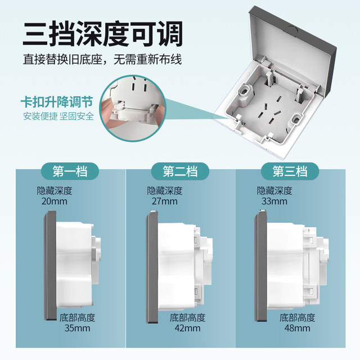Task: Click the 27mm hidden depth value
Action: point(164,201)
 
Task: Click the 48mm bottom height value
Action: point(296,328)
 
